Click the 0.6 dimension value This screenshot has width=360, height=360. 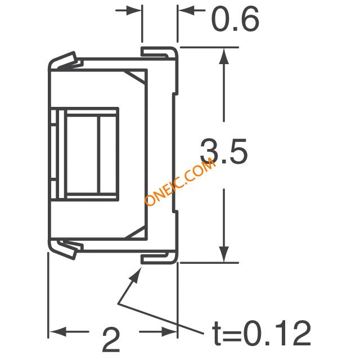[x=235, y=19]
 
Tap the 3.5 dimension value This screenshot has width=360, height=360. [x=224, y=151]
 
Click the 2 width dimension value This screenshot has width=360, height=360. [x=111, y=340]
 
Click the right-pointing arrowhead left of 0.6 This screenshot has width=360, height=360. [x=133, y=10]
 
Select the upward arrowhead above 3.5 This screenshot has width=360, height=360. [x=224, y=56]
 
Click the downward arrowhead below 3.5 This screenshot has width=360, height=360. [x=224, y=254]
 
